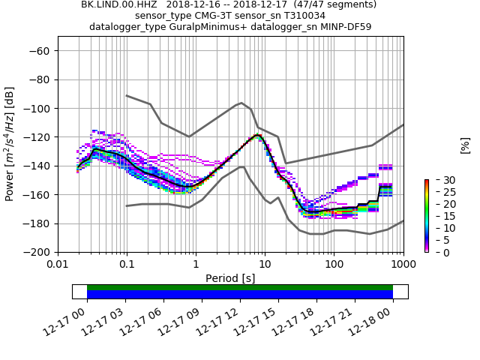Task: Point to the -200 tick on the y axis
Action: pyautogui.click(x=38, y=252)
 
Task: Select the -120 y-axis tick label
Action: pyautogui.click(x=38, y=137)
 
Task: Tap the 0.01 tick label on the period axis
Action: pyautogui.click(x=58, y=264)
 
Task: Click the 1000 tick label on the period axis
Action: pyautogui.click(x=403, y=264)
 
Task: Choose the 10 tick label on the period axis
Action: pyautogui.click(x=265, y=264)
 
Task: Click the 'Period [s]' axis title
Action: pyautogui.click(x=230, y=278)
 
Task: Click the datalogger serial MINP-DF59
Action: pyautogui.click(x=347, y=27)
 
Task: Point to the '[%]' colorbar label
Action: pyautogui.click(x=465, y=145)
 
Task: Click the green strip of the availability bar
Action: pyautogui.click(x=240, y=287)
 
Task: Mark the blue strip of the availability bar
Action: pyautogui.click(x=240, y=295)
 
